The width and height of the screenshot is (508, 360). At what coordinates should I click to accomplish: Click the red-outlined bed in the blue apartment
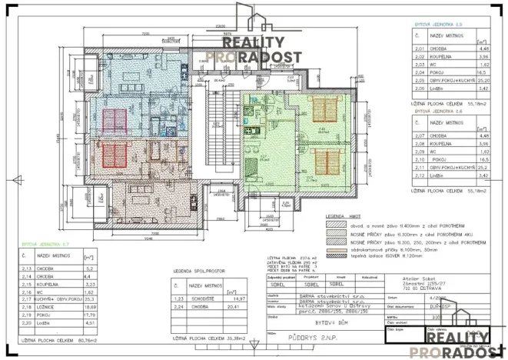tap(115, 120)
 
